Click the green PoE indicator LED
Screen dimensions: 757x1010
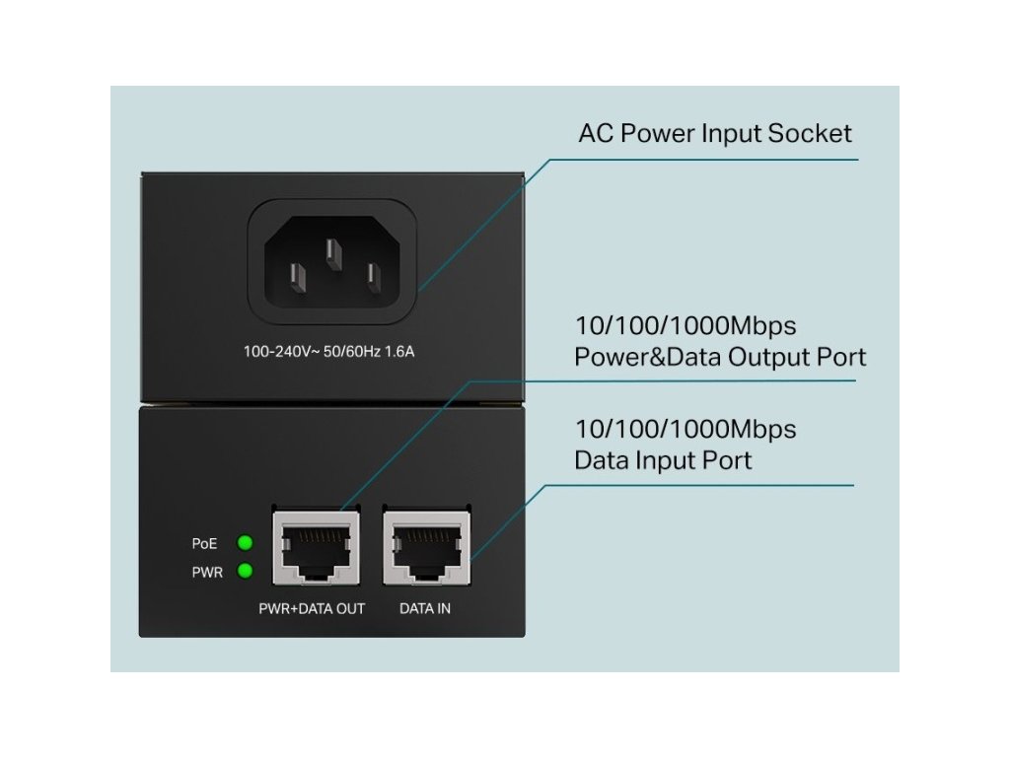pos(246,542)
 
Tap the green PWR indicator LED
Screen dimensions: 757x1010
pos(246,571)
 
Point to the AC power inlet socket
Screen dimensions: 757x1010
pos(331,262)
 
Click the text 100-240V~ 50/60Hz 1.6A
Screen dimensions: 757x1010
pos(329,351)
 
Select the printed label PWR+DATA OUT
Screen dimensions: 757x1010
pos(312,609)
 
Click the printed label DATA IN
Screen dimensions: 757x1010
pos(425,609)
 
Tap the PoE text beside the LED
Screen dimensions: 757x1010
pos(205,543)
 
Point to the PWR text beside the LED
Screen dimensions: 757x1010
pos(207,572)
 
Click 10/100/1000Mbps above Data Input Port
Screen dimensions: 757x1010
pos(685,430)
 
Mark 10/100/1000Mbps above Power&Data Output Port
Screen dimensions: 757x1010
pos(685,325)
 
